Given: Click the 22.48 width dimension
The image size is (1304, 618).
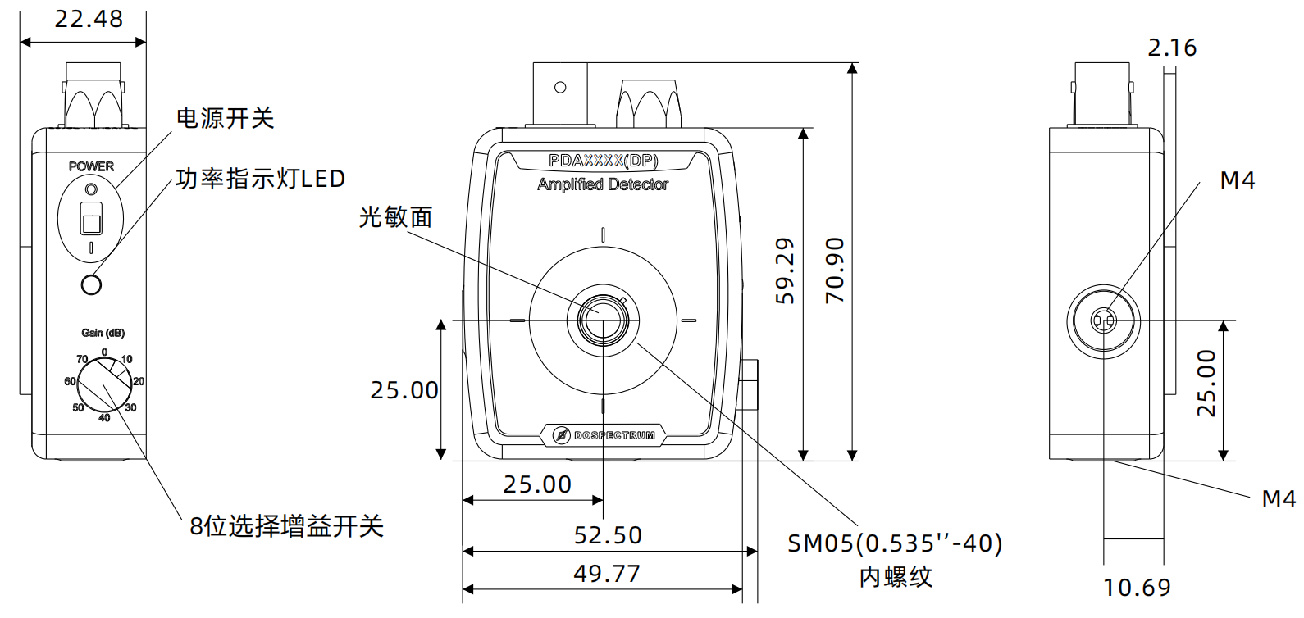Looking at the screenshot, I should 89,19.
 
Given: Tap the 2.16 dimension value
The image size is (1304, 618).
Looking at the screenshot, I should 1172,48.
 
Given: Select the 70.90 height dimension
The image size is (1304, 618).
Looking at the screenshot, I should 835,270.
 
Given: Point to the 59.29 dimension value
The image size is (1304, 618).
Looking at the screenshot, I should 785,270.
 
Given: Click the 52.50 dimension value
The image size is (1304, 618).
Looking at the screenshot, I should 608,535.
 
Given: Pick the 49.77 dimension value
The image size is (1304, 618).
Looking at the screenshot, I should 607,574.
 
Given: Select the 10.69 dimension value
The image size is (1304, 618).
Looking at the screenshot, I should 1137,588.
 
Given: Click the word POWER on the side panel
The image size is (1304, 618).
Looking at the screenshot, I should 91,166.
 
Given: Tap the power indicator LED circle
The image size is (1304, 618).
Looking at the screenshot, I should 92,284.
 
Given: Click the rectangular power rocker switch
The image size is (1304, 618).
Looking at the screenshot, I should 91,219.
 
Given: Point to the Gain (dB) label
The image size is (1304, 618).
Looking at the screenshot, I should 103,333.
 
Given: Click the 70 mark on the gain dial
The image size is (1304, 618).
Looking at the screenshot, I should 82,359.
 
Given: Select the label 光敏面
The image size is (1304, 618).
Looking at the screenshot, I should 395,217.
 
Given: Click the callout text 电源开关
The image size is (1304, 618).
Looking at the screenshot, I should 225,118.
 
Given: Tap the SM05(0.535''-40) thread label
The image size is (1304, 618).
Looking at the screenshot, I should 895,543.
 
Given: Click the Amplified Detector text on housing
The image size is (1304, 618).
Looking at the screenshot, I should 603,185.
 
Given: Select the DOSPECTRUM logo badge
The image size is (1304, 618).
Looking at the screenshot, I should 604,435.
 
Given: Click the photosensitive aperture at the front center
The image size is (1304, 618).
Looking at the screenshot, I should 603,319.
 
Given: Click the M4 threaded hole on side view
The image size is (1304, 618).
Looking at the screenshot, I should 1103,320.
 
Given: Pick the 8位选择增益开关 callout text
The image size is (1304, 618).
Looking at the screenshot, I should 286,526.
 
